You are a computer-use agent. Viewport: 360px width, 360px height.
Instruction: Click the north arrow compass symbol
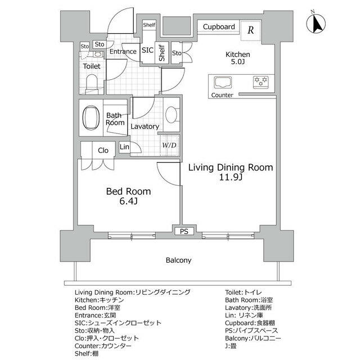point(316,22)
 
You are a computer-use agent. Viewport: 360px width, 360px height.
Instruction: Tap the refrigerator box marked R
point(250,30)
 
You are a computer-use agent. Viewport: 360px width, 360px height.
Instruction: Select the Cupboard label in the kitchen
point(219,27)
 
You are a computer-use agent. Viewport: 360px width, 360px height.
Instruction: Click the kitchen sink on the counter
point(223,83)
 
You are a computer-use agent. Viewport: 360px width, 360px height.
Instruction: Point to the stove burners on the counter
point(260,82)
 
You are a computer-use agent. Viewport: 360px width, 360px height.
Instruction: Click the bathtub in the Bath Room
point(91,118)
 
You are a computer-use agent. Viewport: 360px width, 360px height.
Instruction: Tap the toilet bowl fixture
point(92,83)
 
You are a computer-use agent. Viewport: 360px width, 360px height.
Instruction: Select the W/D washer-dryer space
point(169,145)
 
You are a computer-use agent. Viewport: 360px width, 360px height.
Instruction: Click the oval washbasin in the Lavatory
point(171,115)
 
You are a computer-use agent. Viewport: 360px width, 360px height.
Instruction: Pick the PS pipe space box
point(184,231)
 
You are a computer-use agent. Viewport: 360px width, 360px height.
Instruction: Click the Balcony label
point(178,260)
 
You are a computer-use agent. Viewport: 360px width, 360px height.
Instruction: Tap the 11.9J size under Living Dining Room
point(231,178)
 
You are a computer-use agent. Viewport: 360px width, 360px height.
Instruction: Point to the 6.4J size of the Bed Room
point(128,201)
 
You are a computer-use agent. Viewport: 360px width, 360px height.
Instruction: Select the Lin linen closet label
point(124,147)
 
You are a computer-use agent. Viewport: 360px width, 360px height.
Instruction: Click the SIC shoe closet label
point(147,50)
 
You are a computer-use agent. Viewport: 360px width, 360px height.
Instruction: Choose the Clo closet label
point(103,151)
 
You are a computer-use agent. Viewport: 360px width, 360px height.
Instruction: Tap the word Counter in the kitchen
point(222,95)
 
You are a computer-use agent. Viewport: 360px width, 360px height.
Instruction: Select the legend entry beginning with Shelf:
point(87,354)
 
